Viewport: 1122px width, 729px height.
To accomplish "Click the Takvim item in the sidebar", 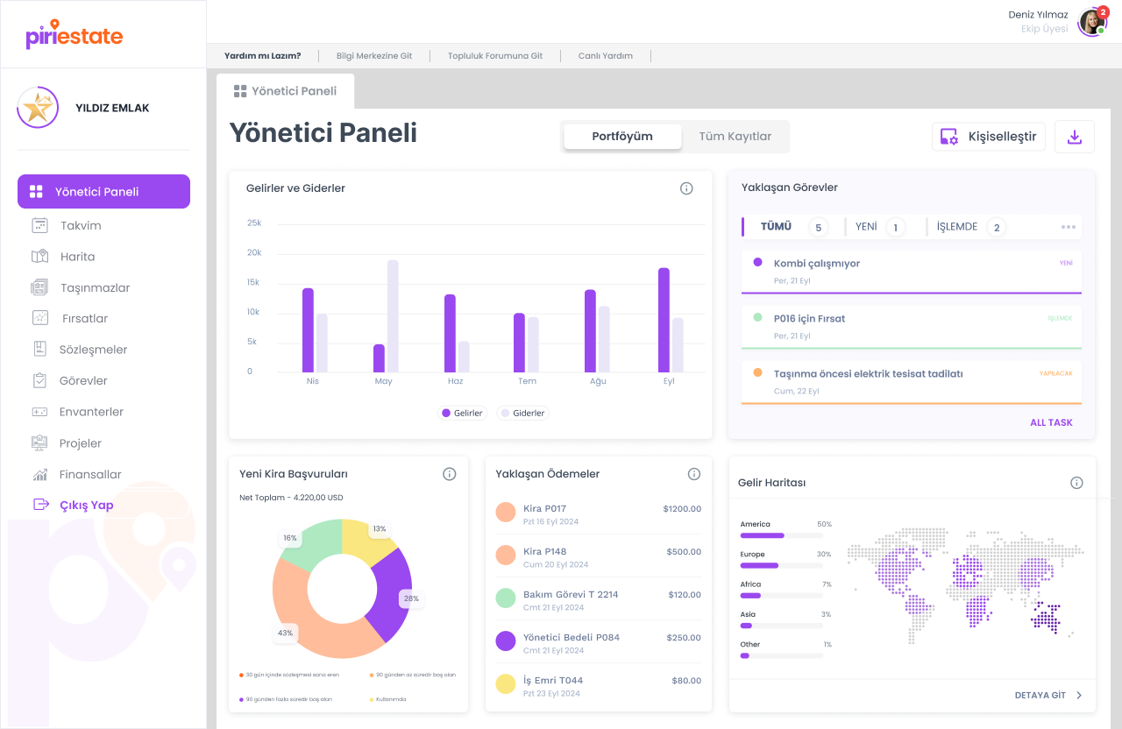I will click(81, 225).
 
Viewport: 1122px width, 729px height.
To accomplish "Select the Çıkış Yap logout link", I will click(86, 505).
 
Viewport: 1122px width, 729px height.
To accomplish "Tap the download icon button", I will click(1074, 137).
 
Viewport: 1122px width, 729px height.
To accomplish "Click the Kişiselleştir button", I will click(989, 137).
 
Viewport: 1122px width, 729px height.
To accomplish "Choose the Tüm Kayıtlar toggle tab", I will click(735, 137).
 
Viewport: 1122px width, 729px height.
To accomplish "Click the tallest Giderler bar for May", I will click(393, 315).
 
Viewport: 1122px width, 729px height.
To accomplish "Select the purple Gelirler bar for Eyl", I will click(664, 320).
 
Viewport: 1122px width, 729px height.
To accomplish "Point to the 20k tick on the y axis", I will click(254, 252).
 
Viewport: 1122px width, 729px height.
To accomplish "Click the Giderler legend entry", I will click(523, 413).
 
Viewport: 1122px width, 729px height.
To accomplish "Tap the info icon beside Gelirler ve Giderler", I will click(686, 188).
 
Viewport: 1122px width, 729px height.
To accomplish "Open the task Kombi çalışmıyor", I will click(816, 264).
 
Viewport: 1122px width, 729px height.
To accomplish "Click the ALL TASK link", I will click(1051, 422).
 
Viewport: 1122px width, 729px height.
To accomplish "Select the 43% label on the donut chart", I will click(286, 633).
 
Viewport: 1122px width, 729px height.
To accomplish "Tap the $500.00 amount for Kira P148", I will click(684, 552).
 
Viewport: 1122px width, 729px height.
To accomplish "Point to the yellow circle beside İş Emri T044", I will click(505, 684).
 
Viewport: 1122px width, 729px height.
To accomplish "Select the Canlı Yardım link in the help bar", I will click(605, 56).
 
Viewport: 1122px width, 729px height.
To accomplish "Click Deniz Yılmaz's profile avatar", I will click(1091, 22).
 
